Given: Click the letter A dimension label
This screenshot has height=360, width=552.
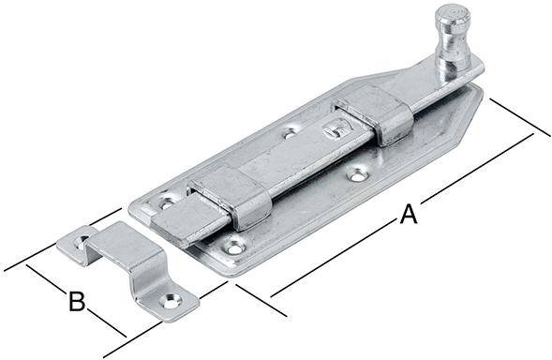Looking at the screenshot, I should coord(408,214).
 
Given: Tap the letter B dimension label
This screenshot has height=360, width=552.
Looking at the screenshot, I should coord(78,302).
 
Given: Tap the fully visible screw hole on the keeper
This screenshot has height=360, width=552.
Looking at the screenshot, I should coord(172,300).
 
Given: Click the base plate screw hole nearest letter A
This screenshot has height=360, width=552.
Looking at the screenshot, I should coord(357,173).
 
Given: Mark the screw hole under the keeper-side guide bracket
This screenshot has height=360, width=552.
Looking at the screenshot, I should coord(234,247).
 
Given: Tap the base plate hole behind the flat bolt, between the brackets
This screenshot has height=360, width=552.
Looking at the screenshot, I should coord(291,132).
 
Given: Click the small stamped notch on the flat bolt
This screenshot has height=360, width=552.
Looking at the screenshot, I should coord(330,127).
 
